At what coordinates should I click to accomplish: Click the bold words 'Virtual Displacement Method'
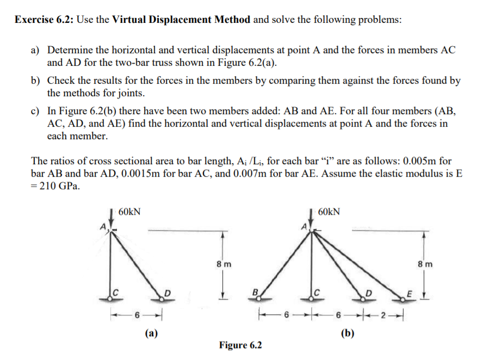(181, 20)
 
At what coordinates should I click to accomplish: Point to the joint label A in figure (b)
(304, 225)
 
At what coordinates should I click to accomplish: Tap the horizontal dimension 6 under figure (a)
(137, 314)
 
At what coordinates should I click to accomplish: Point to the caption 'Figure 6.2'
(240, 345)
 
